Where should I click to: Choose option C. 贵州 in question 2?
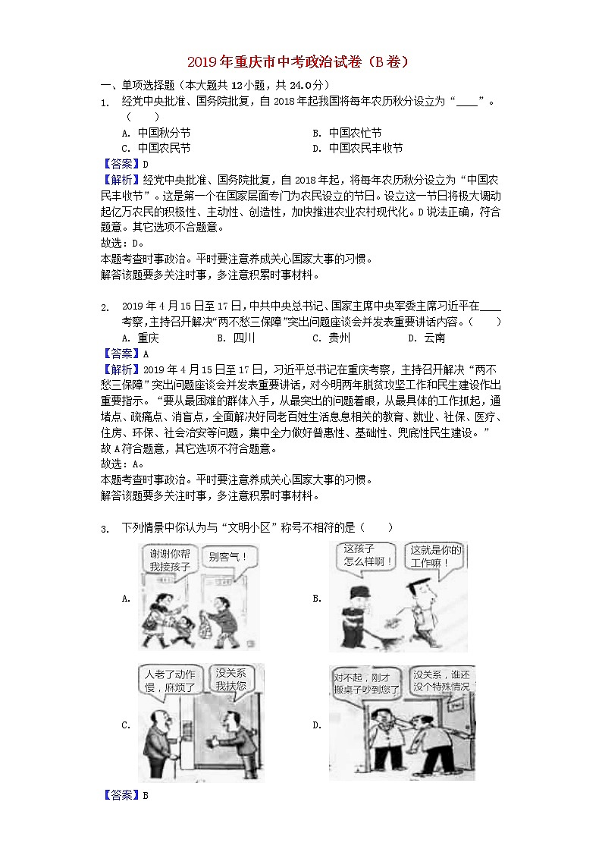point(331,338)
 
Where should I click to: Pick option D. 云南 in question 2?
point(426,338)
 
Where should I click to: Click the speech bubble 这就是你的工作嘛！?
point(435,557)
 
